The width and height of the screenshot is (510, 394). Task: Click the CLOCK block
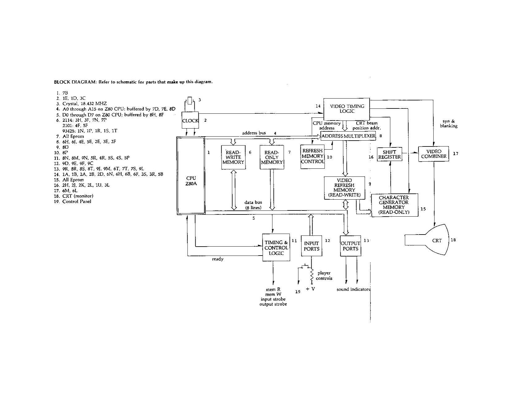pyautogui.click(x=190, y=121)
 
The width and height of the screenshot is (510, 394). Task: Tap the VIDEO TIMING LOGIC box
pyautogui.click(x=347, y=109)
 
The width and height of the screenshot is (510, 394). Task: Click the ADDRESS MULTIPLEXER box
pyautogui.click(x=348, y=136)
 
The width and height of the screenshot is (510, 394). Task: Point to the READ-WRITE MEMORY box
pyautogui.click(x=233, y=157)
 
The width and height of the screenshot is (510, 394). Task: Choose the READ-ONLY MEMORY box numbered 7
pyautogui.click(x=272, y=157)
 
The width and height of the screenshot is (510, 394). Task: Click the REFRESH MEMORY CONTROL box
pyautogui.click(x=312, y=156)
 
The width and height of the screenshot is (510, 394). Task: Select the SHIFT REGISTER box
pyautogui.click(x=389, y=155)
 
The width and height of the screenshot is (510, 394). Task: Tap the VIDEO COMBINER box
pyautogui.click(x=434, y=154)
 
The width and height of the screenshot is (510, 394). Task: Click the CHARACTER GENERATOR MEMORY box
pyautogui.click(x=394, y=205)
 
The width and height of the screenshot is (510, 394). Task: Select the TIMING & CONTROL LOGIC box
pyautogui.click(x=276, y=247)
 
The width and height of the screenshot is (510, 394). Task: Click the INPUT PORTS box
pyautogui.click(x=311, y=246)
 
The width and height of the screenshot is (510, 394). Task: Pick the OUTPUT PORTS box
pyautogui.click(x=351, y=246)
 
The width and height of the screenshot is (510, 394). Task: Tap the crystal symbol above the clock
pyautogui.click(x=189, y=101)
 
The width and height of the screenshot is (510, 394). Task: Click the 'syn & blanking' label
pyautogui.click(x=448, y=124)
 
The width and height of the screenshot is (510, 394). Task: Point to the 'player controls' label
pyautogui.click(x=324, y=275)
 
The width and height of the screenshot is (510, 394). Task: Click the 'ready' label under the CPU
pyautogui.click(x=218, y=259)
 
